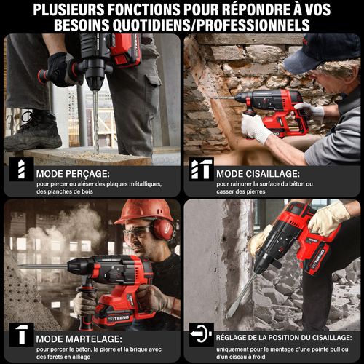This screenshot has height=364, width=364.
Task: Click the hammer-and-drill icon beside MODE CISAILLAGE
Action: (200, 169)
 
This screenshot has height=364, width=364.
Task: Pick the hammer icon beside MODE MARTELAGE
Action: (20, 335)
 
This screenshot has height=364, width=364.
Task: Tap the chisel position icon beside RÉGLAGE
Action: (199, 335)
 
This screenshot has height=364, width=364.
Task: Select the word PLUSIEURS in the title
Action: (75, 9)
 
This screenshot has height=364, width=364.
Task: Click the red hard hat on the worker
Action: (143, 210)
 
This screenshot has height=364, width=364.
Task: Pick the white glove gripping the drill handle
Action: (256, 128)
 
